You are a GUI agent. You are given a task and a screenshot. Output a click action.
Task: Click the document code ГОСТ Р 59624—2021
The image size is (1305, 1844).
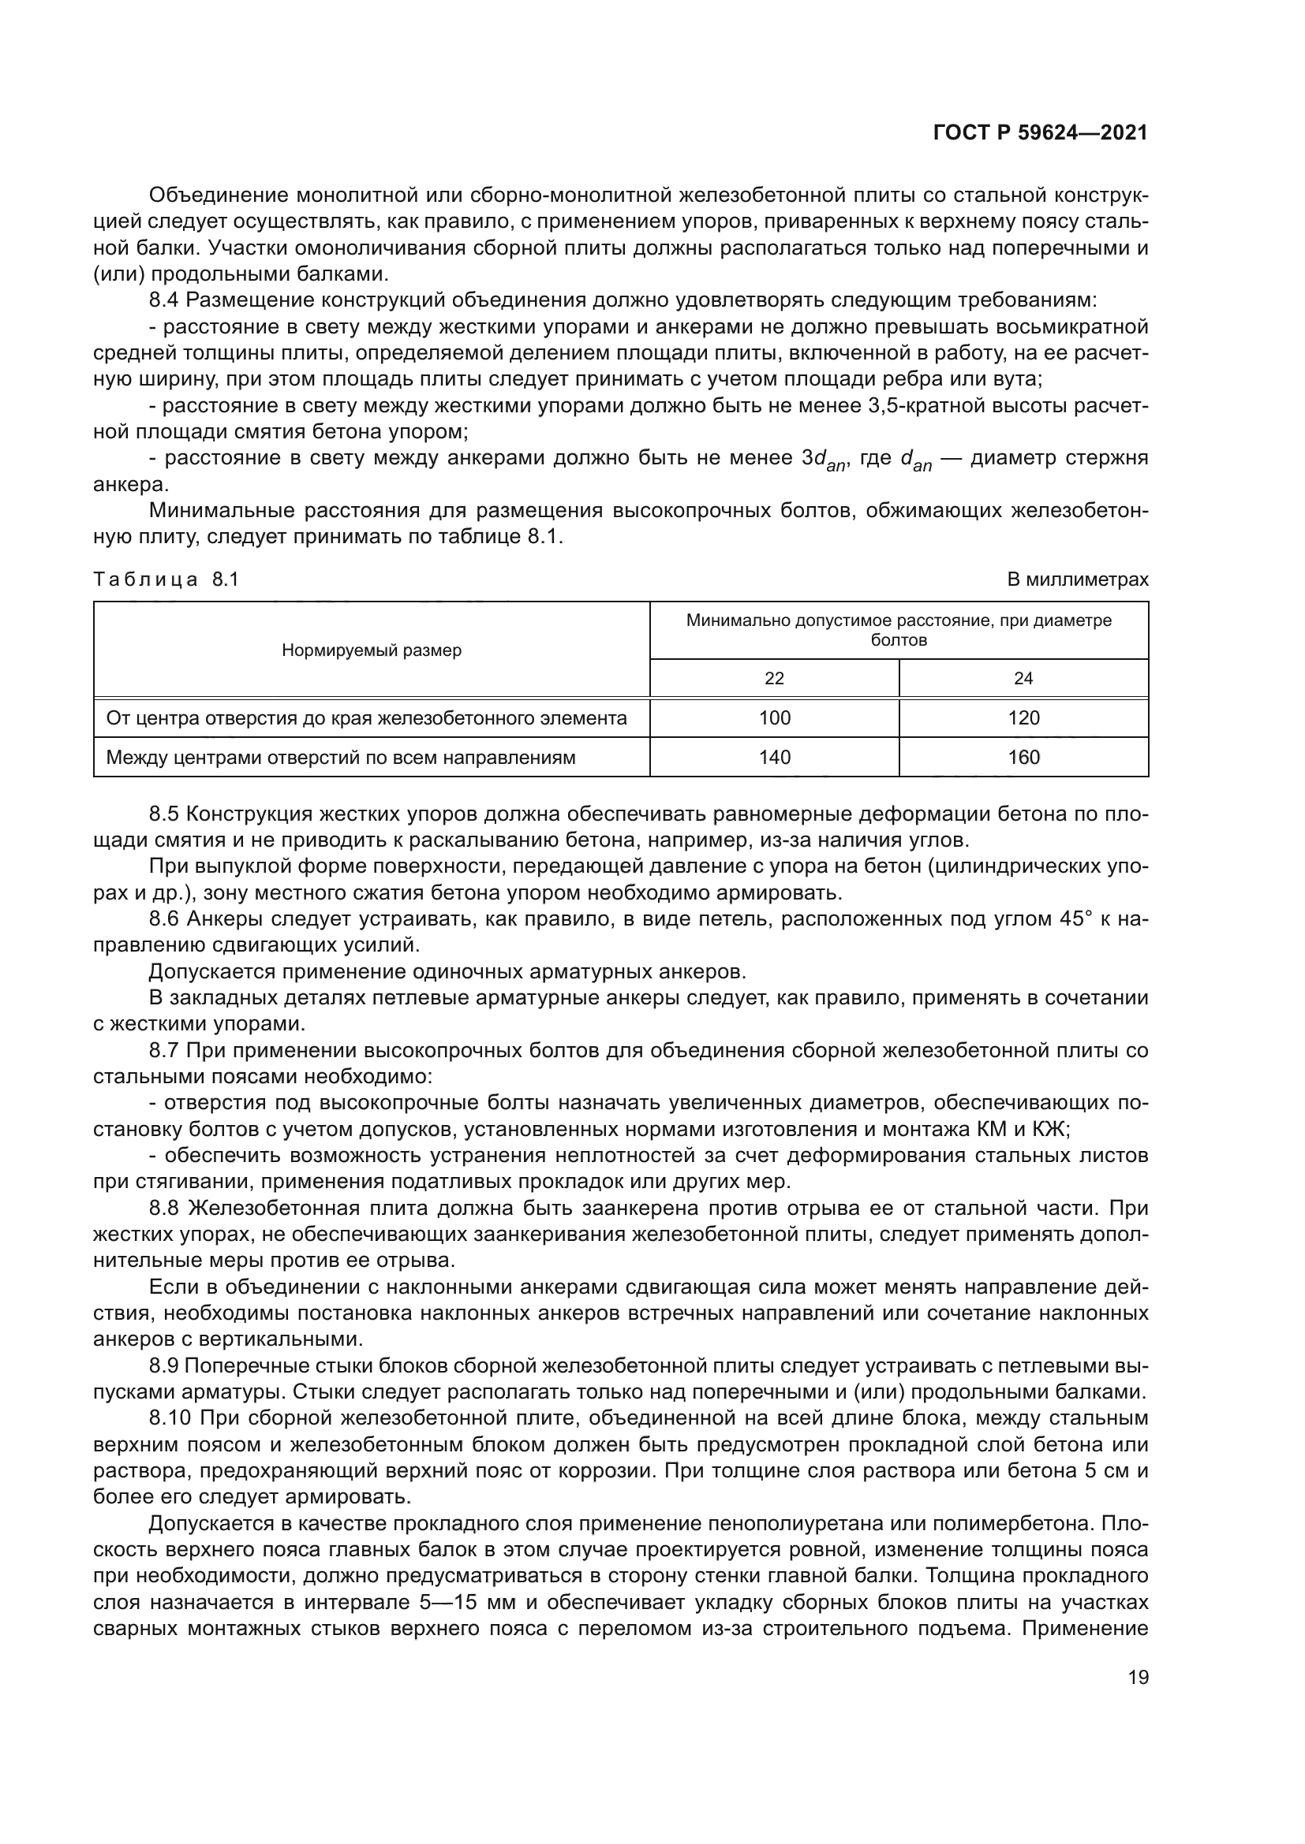(1040, 133)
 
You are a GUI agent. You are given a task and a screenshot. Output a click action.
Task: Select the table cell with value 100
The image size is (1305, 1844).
(774, 718)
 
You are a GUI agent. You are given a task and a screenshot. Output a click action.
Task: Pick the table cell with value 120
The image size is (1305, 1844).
(1023, 718)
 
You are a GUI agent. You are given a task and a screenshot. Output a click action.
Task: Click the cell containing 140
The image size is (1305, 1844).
(774, 758)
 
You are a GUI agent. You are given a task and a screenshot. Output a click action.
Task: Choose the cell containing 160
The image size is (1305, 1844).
(1023, 758)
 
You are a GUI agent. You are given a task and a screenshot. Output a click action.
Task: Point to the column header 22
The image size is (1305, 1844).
(774, 679)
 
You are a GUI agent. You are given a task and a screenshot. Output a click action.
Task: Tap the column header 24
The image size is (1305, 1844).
(1023, 679)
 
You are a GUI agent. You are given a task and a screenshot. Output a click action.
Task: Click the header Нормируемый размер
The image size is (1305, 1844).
(372, 650)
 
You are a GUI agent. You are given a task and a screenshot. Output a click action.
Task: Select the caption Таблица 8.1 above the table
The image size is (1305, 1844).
(166, 579)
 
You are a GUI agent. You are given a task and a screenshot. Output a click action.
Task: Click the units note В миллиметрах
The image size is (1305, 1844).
(1078, 579)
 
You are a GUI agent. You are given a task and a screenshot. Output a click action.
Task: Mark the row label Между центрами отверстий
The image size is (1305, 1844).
(341, 758)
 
